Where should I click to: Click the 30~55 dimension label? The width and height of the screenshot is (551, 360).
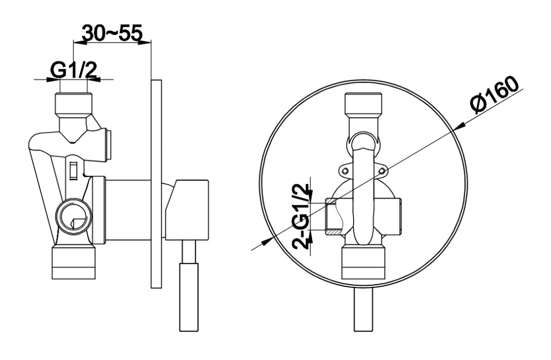click(112, 33)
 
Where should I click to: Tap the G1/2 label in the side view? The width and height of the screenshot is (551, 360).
click(73, 70)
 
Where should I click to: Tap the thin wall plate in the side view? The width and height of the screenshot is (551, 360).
click(157, 184)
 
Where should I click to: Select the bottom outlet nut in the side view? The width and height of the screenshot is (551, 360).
click(73, 263)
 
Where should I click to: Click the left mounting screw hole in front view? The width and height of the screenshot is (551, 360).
click(345, 171)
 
